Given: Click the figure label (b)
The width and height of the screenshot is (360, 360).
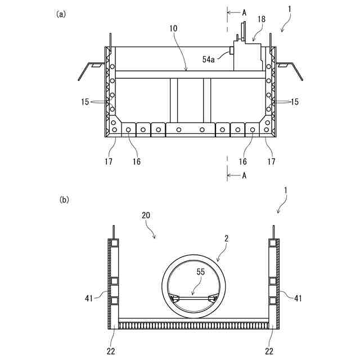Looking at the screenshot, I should (64, 199).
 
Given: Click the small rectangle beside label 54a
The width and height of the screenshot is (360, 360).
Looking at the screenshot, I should (231, 51).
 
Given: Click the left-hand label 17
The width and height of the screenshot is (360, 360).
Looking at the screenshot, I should (108, 161).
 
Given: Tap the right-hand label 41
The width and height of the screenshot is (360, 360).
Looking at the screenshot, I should (298, 298).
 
